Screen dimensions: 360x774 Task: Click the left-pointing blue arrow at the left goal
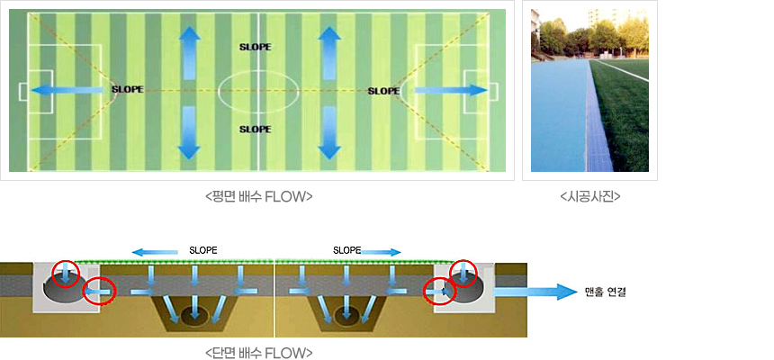click(x=67, y=90)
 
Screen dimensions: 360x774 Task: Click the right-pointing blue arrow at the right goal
click(x=450, y=90)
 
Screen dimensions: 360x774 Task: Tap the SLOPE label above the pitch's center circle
click(x=255, y=46)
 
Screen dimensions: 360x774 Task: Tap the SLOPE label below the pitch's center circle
click(x=255, y=130)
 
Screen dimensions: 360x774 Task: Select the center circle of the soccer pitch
click(x=259, y=90)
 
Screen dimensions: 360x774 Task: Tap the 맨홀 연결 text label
click(x=604, y=292)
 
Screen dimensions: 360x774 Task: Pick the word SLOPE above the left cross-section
click(x=203, y=249)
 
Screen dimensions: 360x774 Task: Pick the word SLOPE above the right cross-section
click(x=347, y=249)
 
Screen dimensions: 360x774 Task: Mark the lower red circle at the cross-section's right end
click(x=438, y=292)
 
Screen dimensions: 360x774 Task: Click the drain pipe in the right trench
click(x=345, y=316)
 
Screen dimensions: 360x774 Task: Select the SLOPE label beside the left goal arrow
click(x=127, y=90)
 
